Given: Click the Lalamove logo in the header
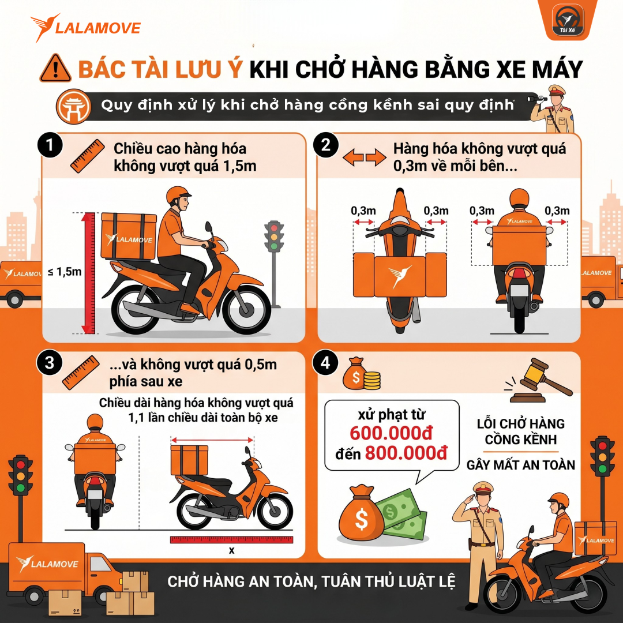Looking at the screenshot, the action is click(85, 28).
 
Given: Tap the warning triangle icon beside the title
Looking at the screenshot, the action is click(55, 68).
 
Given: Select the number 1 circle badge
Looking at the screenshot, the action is click(50, 145).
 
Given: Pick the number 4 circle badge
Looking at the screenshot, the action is click(325, 363).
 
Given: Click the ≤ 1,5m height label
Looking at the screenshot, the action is click(65, 272).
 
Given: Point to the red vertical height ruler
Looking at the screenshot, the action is click(88, 273).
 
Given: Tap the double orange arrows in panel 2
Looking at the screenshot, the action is click(365, 157).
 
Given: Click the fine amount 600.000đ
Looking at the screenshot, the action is click(391, 433).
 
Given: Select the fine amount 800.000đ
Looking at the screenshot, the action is click(406, 453).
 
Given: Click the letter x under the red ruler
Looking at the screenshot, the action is click(232, 551).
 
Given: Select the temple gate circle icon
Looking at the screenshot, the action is click(73, 107).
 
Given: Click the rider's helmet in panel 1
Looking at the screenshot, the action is click(177, 195).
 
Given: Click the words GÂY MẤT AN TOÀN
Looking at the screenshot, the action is click(520, 466).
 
